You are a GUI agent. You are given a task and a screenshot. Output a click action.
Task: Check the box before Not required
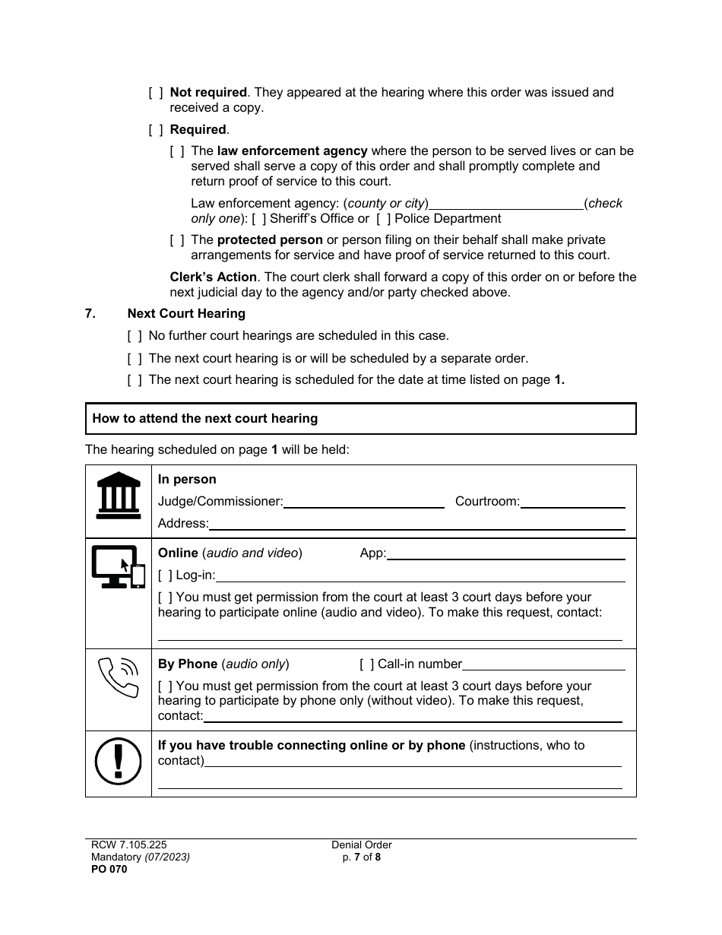(x=156, y=93)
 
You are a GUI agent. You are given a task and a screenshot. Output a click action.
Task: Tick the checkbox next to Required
(x=156, y=130)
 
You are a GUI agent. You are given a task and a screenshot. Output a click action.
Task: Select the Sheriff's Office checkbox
(x=259, y=219)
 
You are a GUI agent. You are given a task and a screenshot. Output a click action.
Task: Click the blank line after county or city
(x=506, y=204)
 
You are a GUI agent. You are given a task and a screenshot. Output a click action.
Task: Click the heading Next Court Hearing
(x=186, y=313)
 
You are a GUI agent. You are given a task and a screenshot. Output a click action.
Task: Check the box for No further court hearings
(x=135, y=336)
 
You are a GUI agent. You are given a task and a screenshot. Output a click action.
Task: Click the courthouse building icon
(x=119, y=494)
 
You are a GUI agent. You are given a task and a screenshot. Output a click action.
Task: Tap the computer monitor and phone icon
(x=119, y=566)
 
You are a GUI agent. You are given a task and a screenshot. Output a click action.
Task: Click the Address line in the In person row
(x=416, y=524)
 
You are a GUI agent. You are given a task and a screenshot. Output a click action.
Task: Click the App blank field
(x=505, y=554)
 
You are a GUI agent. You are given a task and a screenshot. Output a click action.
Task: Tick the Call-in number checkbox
(x=366, y=664)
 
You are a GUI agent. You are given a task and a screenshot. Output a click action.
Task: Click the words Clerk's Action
(x=213, y=277)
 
